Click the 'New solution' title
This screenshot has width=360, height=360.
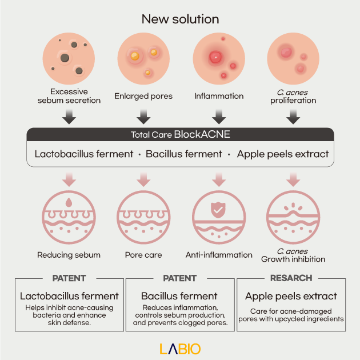180,19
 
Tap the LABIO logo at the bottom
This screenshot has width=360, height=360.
180,349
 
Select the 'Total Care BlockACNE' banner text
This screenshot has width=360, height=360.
180,134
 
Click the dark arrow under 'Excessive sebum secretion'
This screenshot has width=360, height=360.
69,117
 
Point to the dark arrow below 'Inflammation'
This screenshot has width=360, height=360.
219,117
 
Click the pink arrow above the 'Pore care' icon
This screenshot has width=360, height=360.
143,179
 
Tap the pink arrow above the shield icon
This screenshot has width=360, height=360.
219,179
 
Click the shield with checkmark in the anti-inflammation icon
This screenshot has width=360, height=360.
218,210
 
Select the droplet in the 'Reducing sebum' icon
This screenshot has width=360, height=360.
69,202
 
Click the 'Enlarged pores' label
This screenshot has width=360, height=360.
143,96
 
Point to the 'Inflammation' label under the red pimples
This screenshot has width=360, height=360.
219,96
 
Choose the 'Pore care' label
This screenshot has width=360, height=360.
143,255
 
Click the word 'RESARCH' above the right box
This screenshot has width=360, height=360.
291,278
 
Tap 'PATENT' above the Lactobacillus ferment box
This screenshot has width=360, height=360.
69,278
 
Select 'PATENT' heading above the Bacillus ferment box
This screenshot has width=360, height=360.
180,278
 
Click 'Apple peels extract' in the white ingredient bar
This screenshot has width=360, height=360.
283,154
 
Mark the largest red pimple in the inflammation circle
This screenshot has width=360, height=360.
215,57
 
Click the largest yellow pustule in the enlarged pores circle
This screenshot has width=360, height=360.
135,56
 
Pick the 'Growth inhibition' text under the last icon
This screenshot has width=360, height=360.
293,259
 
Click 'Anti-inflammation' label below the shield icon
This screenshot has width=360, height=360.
219,255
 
